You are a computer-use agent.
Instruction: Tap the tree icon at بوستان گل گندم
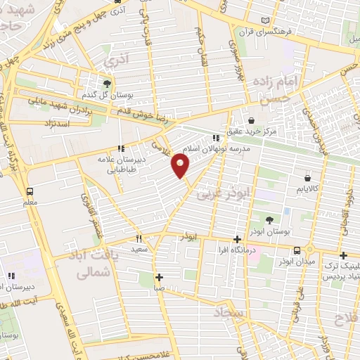click(108, 82)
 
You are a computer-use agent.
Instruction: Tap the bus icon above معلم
click(30, 191)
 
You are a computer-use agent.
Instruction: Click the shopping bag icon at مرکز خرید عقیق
click(252, 120)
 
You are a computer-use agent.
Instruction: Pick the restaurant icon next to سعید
click(139, 237)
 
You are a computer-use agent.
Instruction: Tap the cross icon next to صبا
click(160, 276)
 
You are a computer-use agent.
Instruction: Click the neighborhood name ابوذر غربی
click(224, 191)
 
